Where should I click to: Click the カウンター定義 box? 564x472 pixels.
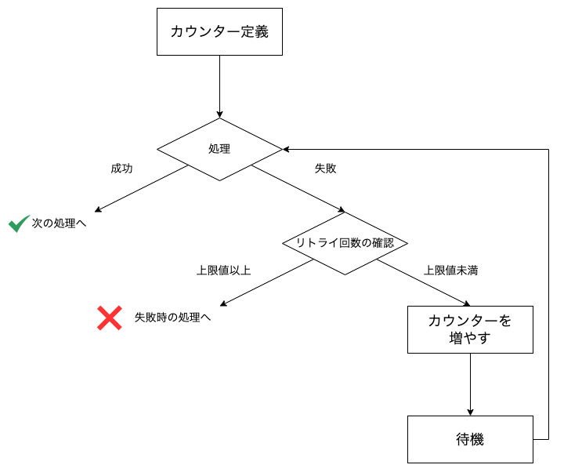click(219, 32)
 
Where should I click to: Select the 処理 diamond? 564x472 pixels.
click(219, 149)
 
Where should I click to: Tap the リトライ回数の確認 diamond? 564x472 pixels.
click(345, 243)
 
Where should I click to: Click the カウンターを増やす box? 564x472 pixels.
click(470, 329)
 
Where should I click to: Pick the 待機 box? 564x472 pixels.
click(470, 439)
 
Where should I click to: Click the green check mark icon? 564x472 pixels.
click(19, 223)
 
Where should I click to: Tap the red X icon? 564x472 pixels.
click(109, 318)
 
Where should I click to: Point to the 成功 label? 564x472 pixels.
click(121, 169)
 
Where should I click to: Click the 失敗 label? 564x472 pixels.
click(325, 169)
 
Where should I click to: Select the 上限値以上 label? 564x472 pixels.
click(223, 270)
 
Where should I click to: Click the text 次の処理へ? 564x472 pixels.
click(59, 223)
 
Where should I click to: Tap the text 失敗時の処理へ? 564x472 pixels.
click(172, 318)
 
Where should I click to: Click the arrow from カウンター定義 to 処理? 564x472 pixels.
click(219, 86)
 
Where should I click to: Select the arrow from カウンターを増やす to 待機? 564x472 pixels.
click(470, 384)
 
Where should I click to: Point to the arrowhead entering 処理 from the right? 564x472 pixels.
click(287, 149)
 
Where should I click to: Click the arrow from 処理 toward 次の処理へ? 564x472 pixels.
click(141, 188)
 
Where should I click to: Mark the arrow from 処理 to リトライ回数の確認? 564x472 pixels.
click(298, 188)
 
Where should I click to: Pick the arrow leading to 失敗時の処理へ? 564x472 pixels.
click(266, 282)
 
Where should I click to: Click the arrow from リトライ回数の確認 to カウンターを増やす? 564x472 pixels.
click(423, 282)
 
